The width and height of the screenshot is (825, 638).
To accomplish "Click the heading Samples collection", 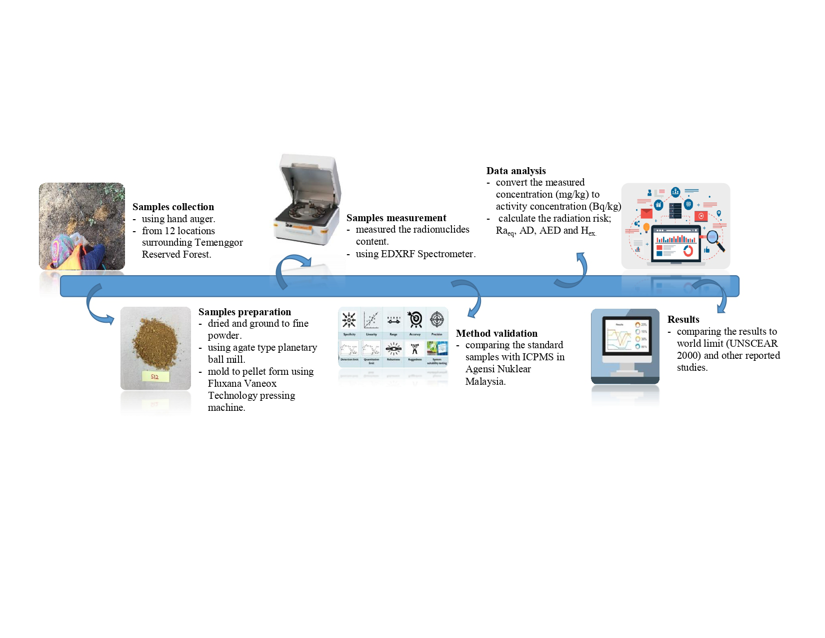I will click(173, 207).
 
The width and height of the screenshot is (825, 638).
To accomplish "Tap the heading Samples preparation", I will click(244, 312).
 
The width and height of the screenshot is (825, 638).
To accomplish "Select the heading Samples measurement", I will click(396, 218).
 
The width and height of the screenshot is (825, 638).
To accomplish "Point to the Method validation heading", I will click(496, 333).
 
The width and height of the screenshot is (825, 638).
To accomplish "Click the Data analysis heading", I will click(516, 171).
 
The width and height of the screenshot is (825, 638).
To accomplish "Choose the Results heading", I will click(683, 319).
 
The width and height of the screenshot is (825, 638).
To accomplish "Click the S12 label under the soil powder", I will click(155, 377).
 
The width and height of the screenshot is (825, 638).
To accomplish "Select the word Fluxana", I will click(225, 383).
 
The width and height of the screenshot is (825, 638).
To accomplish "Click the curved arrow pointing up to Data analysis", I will click(575, 273).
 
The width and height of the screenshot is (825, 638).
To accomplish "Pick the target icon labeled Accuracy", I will click(415, 319).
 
